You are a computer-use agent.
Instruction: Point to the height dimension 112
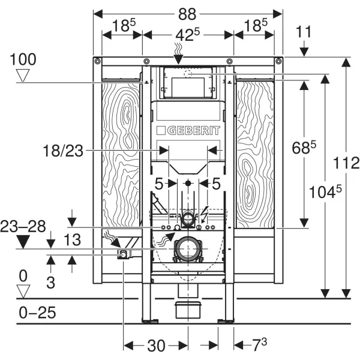tap(347, 162)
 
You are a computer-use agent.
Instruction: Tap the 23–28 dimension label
tap(23, 227)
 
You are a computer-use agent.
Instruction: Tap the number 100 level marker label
tap(23, 59)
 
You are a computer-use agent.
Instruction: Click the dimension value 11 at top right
tap(305, 32)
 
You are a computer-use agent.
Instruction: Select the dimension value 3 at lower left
tap(50, 283)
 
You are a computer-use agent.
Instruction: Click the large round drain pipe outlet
tap(187, 248)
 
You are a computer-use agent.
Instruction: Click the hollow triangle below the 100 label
tap(23, 75)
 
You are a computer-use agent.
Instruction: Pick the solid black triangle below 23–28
tap(23, 242)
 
